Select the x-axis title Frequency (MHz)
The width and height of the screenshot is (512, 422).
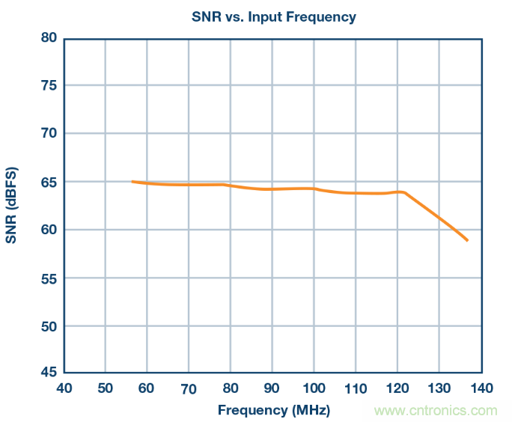click(x=274, y=410)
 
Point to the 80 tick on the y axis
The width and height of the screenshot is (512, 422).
click(x=49, y=37)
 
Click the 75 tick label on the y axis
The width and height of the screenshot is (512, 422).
click(x=49, y=85)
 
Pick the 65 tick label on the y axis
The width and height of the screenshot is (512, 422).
click(x=49, y=182)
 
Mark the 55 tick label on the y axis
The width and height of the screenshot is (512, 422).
click(x=49, y=278)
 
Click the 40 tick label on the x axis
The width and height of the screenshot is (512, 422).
click(x=64, y=388)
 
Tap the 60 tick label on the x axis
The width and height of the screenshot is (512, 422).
click(x=147, y=388)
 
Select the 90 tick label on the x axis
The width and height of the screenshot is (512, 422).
click(x=272, y=388)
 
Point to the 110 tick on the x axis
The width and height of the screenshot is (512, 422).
click(x=356, y=388)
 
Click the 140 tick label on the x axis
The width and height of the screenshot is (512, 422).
click(x=481, y=388)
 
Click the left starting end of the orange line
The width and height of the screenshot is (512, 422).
click(x=132, y=182)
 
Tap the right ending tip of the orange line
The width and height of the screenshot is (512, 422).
click(x=468, y=240)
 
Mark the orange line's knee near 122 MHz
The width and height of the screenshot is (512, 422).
click(x=405, y=193)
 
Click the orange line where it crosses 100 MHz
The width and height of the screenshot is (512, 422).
click(x=314, y=189)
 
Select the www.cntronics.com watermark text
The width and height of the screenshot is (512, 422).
click(x=436, y=410)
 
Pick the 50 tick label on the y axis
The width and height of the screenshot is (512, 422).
click(x=49, y=326)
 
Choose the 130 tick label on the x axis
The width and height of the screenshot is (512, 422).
click(x=439, y=388)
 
